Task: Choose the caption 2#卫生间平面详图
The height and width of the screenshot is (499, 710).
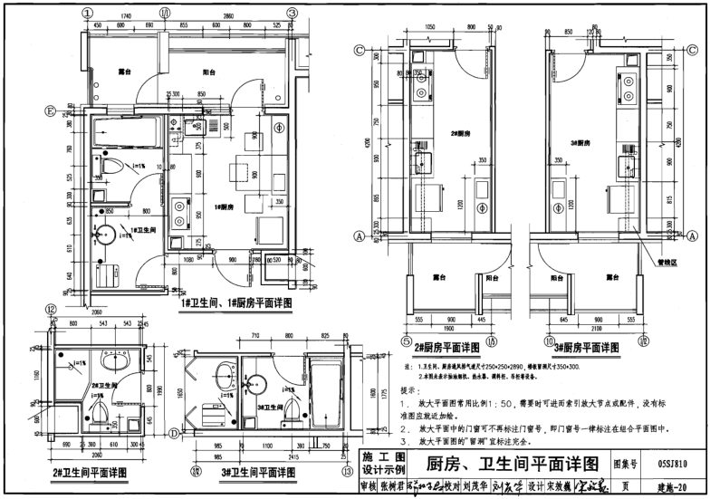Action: pos(89,471)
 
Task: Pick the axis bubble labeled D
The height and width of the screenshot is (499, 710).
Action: pos(171,433)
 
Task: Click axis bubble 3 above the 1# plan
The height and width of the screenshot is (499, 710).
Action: pos(293,13)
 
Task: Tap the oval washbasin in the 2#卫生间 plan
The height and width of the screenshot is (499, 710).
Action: pos(110,361)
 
